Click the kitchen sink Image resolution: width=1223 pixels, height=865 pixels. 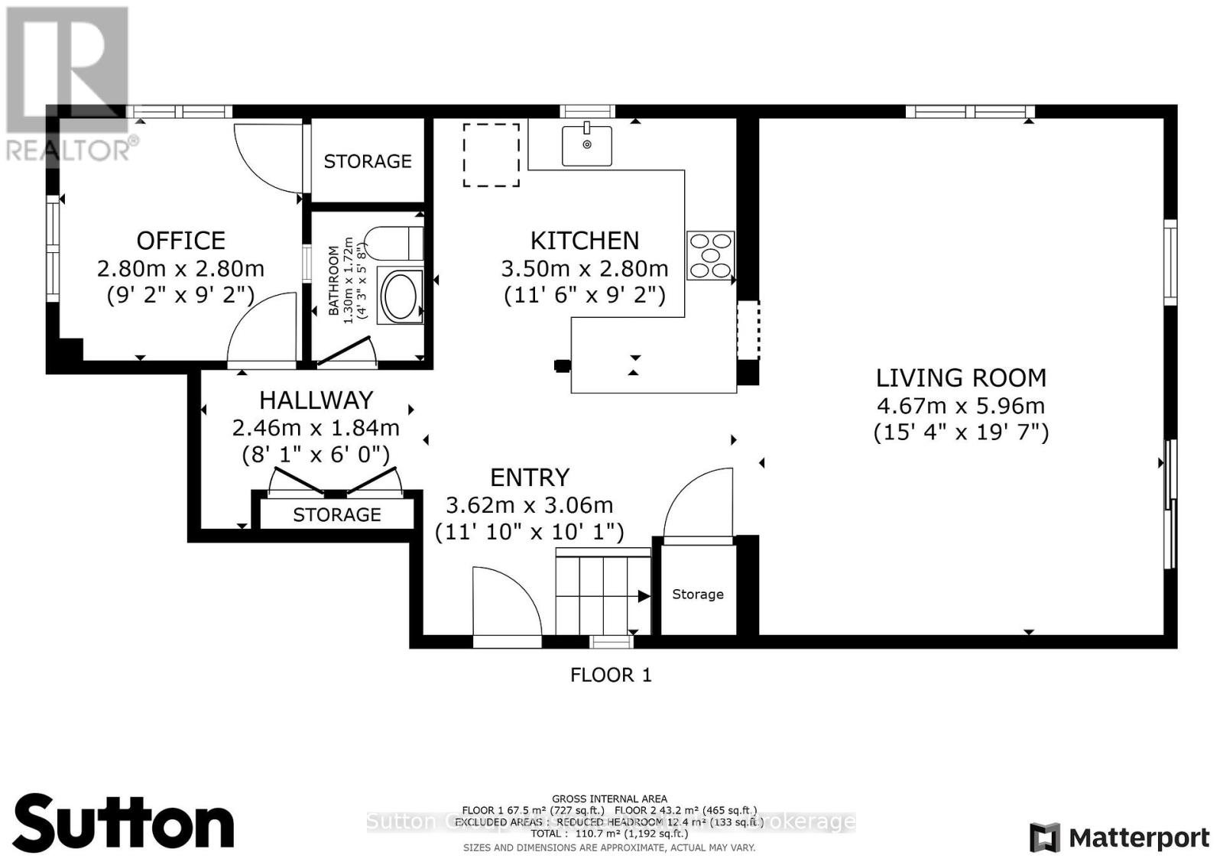click(x=586, y=145)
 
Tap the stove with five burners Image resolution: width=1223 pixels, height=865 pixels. click(x=710, y=255)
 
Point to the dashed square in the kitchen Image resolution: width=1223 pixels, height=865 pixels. click(x=491, y=155)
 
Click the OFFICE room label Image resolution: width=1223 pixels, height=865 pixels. click(x=181, y=241)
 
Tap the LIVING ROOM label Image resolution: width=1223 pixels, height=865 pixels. click(x=961, y=377)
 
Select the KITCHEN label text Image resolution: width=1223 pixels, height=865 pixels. click(x=585, y=241)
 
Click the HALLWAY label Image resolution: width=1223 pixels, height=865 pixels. click(x=316, y=400)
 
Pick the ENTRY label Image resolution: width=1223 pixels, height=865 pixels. click(x=530, y=478)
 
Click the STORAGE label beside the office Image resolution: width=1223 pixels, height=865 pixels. click(x=368, y=161)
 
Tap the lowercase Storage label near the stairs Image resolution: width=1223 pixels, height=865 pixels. click(x=698, y=594)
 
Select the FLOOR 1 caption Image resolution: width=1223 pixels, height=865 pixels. click(x=611, y=675)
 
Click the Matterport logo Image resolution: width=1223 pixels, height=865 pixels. click(x=1120, y=838)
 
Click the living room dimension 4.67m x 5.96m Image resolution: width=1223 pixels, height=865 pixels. click(x=961, y=406)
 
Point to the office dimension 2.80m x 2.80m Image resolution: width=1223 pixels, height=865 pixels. click(x=180, y=269)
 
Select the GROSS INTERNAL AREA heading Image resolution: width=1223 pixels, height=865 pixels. click(x=609, y=799)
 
